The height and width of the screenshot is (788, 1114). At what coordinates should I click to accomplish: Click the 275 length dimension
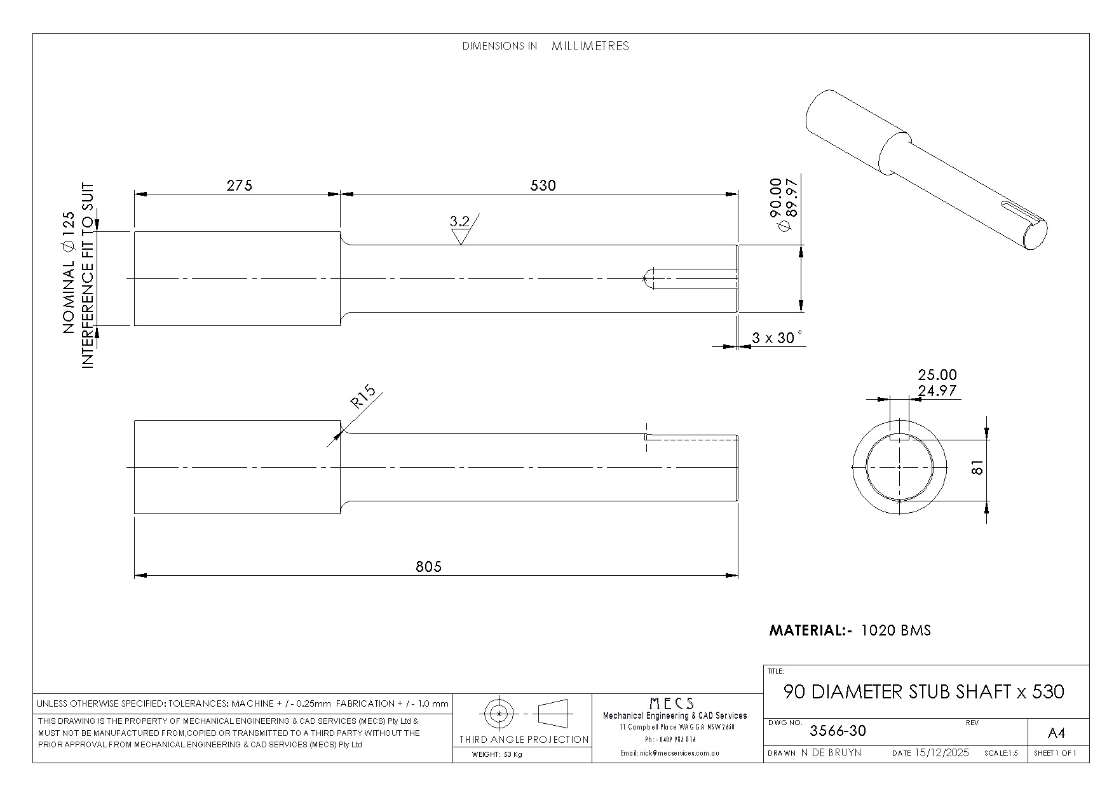(x=239, y=185)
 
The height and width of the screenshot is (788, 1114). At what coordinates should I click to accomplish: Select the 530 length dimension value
(x=543, y=185)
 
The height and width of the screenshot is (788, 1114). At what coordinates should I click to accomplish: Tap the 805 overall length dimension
(x=428, y=566)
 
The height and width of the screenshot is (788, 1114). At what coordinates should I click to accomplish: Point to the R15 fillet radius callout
(x=363, y=397)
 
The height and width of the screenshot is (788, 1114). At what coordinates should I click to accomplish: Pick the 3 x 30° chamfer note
(x=777, y=337)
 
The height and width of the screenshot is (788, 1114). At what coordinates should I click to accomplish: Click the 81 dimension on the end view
(x=977, y=467)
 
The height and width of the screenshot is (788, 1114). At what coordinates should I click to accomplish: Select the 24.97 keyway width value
(x=937, y=391)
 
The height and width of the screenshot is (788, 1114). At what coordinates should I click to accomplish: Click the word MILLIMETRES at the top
(x=590, y=46)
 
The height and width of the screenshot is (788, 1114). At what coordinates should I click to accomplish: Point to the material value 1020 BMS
(x=896, y=630)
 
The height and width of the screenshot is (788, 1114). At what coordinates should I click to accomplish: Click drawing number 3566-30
(x=838, y=731)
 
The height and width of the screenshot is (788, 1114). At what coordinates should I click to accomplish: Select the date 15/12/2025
(x=942, y=752)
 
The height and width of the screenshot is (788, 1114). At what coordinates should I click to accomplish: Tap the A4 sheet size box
(x=1056, y=733)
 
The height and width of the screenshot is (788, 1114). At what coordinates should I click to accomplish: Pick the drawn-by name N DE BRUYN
(x=831, y=752)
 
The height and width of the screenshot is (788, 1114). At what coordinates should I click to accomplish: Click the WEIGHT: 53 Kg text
(x=496, y=755)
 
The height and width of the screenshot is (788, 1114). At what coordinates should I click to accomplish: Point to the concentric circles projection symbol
(x=499, y=714)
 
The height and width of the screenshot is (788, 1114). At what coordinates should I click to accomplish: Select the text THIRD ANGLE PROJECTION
(x=524, y=739)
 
